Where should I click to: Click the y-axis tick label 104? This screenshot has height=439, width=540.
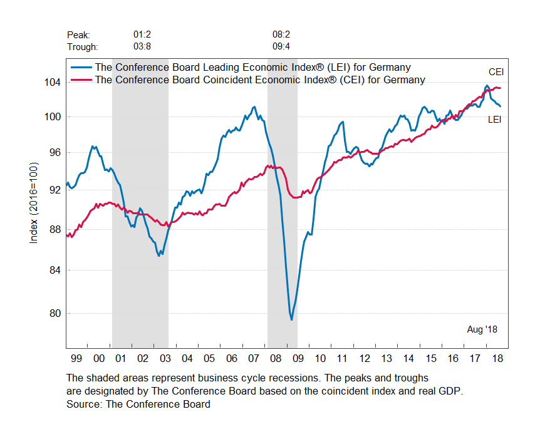tap(53, 82)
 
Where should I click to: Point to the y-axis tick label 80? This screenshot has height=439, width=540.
tap(55, 313)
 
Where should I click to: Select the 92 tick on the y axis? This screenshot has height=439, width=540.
tap(55, 190)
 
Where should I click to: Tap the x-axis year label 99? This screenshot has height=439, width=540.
tap(76, 358)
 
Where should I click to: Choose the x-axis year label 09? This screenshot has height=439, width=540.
tap(298, 358)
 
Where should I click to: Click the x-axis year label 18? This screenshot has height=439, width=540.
tap(497, 358)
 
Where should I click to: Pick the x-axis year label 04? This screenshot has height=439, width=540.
tap(187, 358)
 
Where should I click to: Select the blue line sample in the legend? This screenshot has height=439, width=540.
tap(80, 68)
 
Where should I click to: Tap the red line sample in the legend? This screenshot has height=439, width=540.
tap(80, 80)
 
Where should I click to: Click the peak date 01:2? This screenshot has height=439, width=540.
tap(142, 34)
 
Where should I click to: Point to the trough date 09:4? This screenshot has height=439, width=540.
tap(281, 47)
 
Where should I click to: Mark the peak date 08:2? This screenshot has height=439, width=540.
tap(281, 34)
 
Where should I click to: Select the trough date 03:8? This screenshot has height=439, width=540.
tap(142, 47)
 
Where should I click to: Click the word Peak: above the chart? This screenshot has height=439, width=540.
tap(78, 34)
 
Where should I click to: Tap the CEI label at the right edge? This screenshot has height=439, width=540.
tap(496, 72)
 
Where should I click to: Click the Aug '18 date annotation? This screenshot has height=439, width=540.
tap(482, 329)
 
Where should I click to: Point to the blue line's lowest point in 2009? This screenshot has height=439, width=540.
tap(291, 320)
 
